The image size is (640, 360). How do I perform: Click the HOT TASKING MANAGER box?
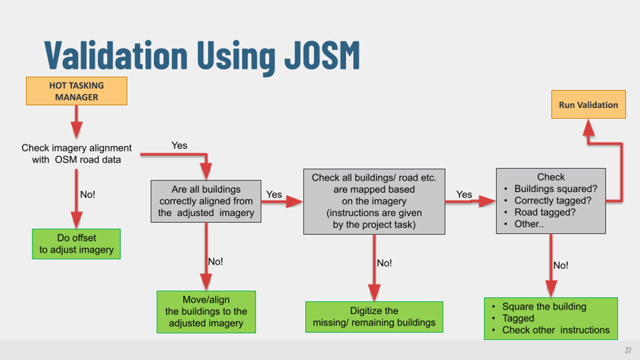(x=77, y=91)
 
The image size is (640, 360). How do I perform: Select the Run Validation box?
(x=588, y=104)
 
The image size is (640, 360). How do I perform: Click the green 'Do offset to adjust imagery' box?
(x=76, y=244)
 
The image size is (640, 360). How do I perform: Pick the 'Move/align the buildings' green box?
(x=206, y=312)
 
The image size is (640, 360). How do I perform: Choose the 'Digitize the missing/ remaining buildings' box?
(x=374, y=317)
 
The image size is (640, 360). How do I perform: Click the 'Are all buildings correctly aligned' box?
(x=206, y=201)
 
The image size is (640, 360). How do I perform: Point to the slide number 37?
(x=628, y=350)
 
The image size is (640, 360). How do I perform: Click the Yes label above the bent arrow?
(x=179, y=145)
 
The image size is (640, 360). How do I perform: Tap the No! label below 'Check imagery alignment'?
(x=88, y=194)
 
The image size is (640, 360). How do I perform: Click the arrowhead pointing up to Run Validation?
(x=589, y=127)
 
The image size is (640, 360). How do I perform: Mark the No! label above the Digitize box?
(x=384, y=263)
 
